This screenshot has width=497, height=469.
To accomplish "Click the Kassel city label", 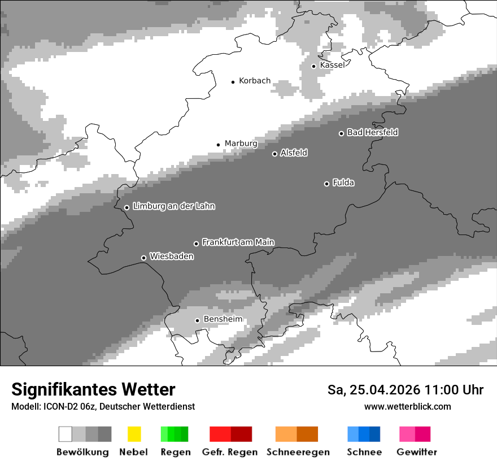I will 332,65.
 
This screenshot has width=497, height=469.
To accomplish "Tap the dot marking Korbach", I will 233,82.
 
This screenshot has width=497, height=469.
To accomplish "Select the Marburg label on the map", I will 241,144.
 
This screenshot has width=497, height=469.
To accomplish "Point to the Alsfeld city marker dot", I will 275,154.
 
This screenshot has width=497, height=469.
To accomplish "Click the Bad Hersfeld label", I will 372,132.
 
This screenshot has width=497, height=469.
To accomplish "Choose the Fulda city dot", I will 326,184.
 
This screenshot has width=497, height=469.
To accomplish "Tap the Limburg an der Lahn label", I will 173,206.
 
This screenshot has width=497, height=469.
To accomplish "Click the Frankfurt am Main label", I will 238,242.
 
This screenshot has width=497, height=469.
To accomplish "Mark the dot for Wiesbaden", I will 143,258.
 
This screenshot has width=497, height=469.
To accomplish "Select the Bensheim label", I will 223,319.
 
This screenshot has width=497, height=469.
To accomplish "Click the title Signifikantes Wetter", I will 93,389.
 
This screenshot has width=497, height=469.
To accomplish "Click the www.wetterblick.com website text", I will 407,406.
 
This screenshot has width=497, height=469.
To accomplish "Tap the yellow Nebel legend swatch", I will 134,434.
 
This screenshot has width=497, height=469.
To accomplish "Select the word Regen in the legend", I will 175,452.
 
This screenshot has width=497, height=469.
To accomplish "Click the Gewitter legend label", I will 416,452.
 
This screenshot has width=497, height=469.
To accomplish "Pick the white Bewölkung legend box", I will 66,434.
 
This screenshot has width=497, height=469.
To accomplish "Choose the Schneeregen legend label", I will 298,452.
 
